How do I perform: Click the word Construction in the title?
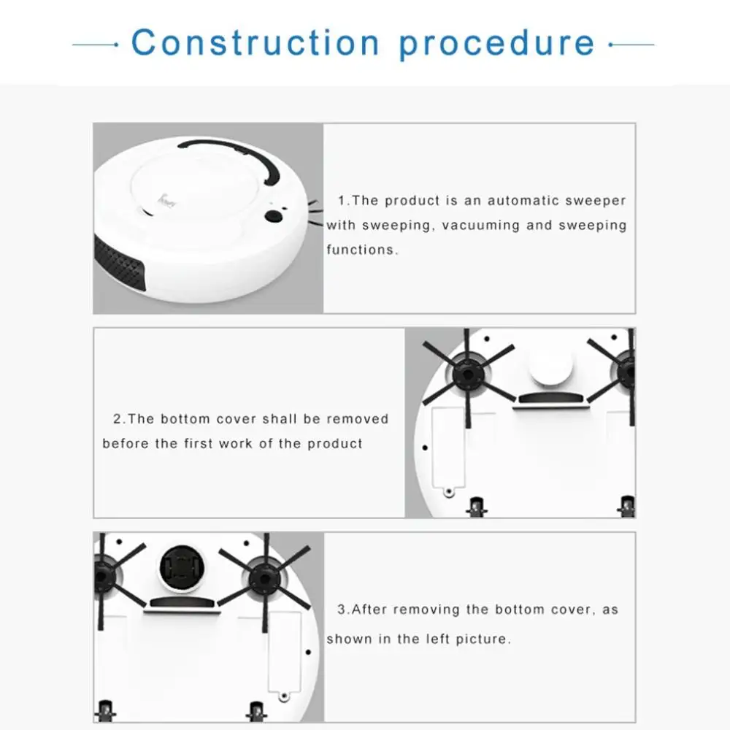coord(255,42)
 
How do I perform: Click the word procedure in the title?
coord(497,45)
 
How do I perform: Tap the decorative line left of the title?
coord(96,45)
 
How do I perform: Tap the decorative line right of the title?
coord(631,45)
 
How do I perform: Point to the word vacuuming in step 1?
coord(480,226)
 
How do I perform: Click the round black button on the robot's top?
coord(274,216)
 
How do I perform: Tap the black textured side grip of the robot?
coord(119,263)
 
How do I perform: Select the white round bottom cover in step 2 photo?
coord(550,366)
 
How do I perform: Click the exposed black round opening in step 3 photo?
coord(182,569)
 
